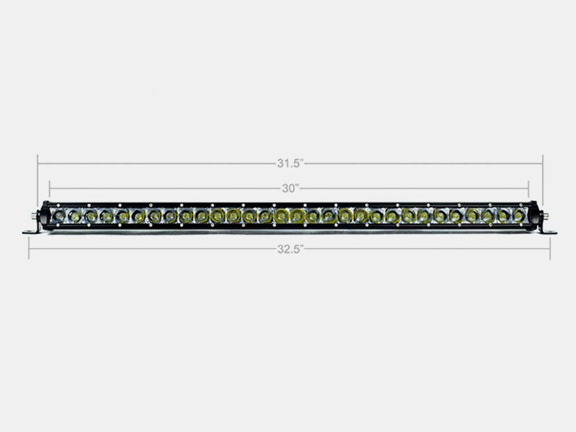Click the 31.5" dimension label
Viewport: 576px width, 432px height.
point(290,164)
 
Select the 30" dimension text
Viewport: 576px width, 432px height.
point(290,188)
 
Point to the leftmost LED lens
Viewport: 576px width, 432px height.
point(58,215)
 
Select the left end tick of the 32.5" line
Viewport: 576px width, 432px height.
point(29,248)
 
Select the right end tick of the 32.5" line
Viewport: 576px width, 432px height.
point(550,248)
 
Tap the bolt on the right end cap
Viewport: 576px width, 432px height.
point(544,215)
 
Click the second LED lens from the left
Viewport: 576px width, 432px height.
point(74,215)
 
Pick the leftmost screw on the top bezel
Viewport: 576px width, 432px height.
point(58,204)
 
